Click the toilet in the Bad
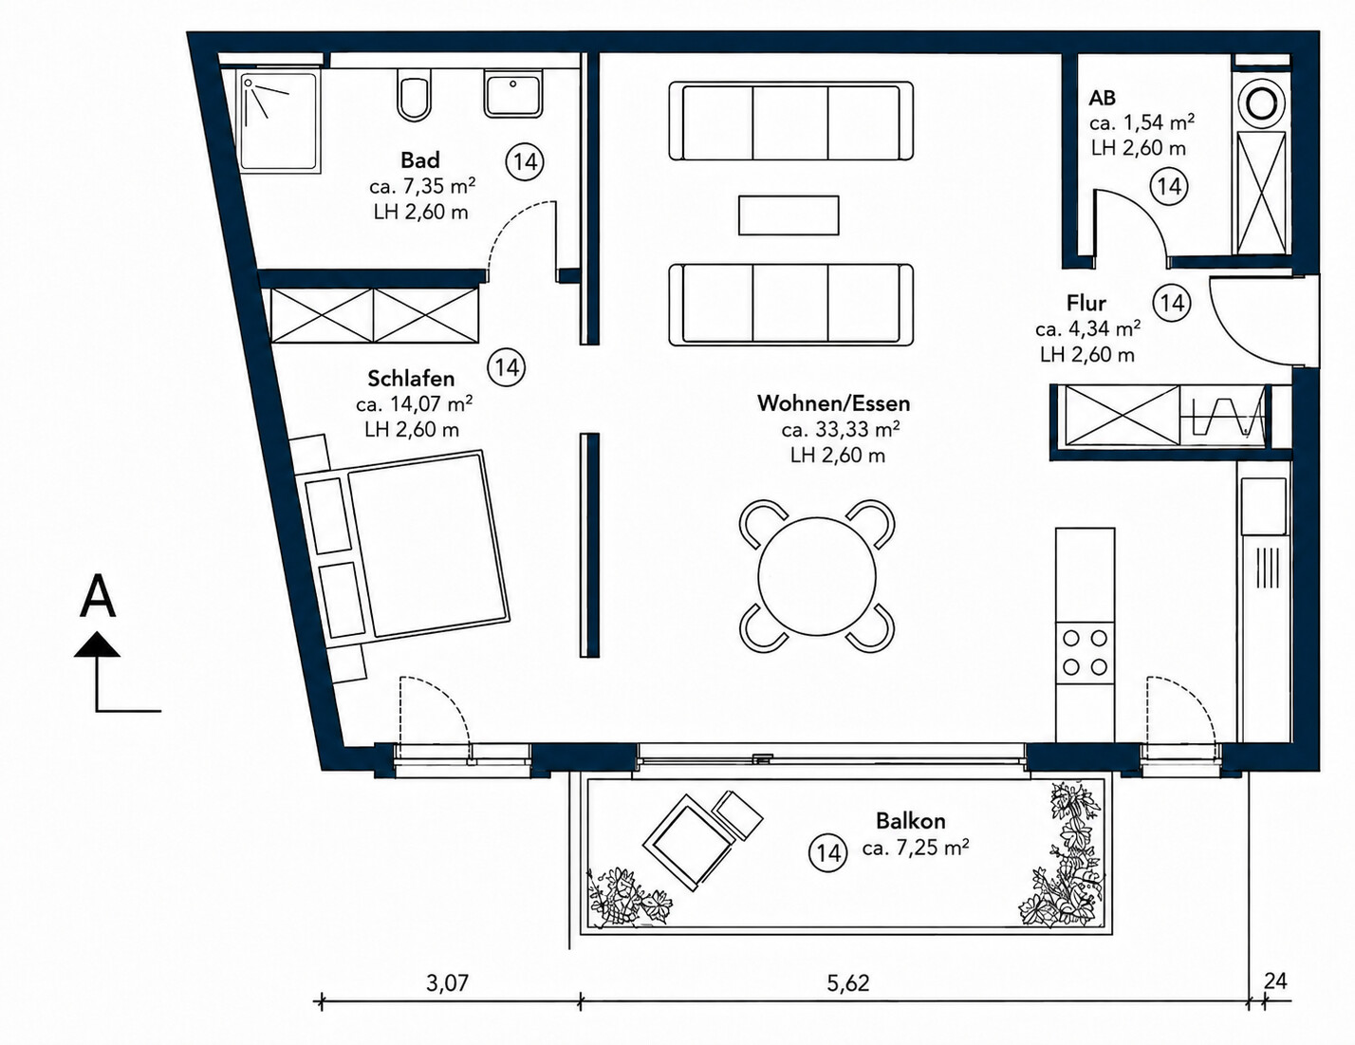click(414, 97)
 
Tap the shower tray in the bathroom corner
click(281, 121)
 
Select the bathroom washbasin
click(513, 94)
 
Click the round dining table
click(817, 576)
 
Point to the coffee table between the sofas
click(789, 215)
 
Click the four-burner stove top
click(1085, 653)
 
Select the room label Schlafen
click(411, 379)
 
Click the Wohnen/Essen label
click(833, 403)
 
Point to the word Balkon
click(910, 821)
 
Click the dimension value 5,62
click(847, 983)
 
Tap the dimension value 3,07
click(447, 983)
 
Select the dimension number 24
click(1275, 981)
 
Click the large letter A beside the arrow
click(98, 597)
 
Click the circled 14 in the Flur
click(1172, 303)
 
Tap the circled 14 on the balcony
click(828, 852)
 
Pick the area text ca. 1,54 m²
click(1142, 122)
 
